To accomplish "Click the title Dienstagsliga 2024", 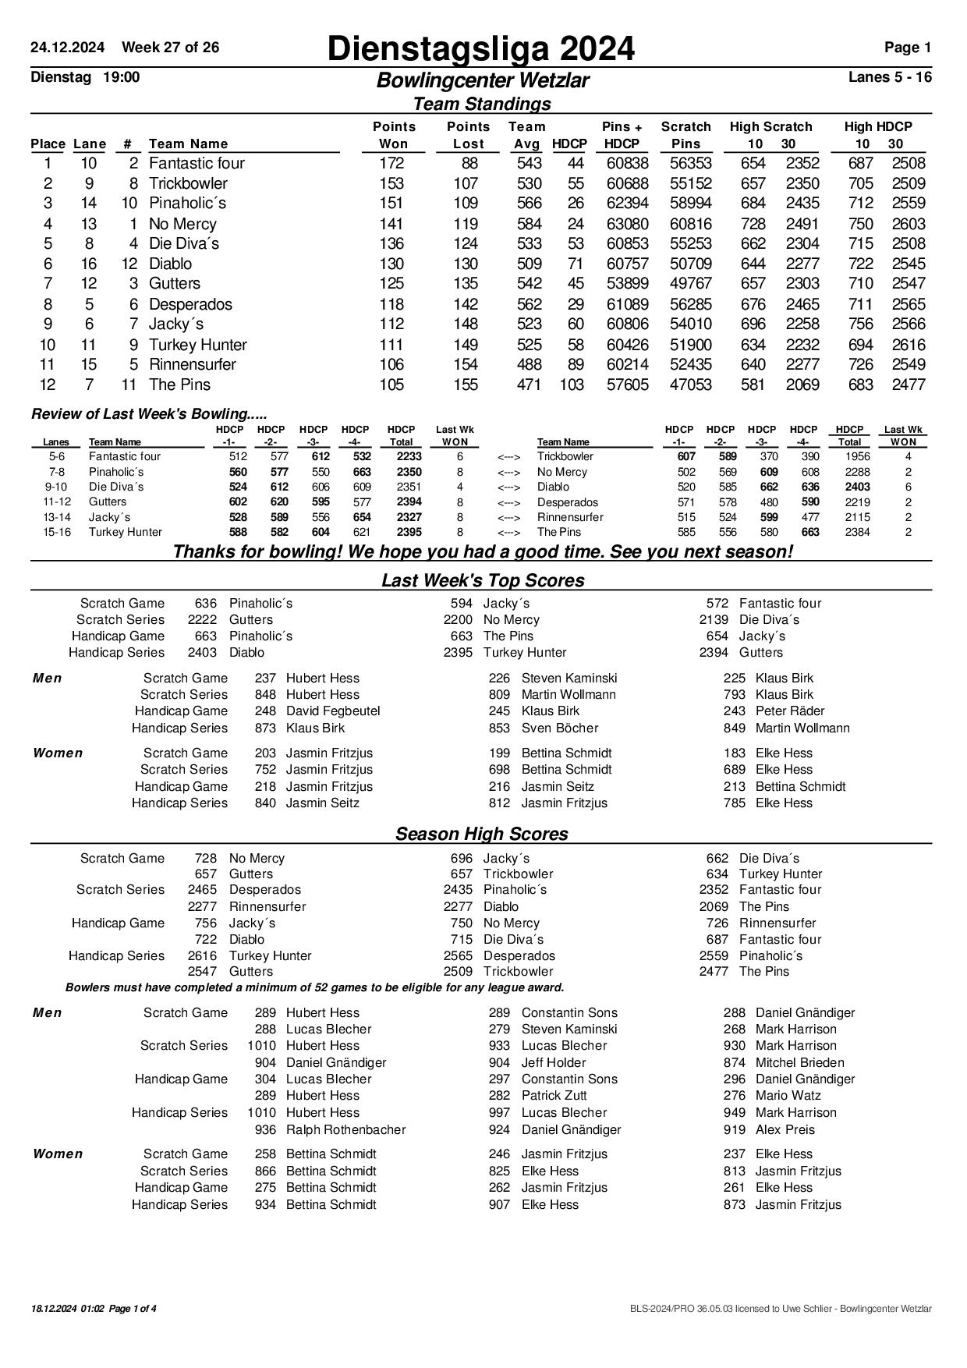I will pos(480,49).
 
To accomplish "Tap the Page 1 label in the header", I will pos(907,48).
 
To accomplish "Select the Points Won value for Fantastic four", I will pos(391,163).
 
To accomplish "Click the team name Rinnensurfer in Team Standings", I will pos(192,364).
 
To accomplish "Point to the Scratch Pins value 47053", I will pos(690,385).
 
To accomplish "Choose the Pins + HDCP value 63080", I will pos(627,224).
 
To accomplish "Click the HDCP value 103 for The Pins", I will pos(571,385).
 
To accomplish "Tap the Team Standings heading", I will pos(481,104).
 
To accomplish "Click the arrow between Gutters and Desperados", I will pos(508,502).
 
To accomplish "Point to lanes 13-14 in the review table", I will pos(57,517).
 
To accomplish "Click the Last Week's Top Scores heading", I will pos(483,580).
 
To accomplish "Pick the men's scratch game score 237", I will pos(265,678).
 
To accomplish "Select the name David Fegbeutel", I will pos(333,711).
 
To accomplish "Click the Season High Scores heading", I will pos(481,834).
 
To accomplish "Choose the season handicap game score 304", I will pos(265,1079).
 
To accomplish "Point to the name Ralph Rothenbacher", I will pos(345,1129).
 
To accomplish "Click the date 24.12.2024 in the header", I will pos(67,48).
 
